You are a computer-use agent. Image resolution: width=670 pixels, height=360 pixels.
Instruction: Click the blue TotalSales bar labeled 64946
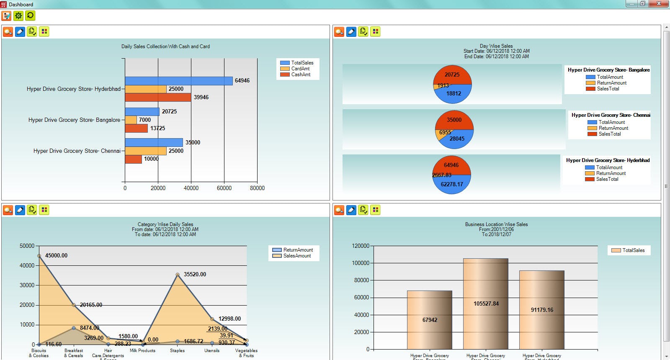click(x=178, y=81)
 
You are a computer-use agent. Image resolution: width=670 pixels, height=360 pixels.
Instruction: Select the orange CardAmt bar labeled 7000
click(x=131, y=120)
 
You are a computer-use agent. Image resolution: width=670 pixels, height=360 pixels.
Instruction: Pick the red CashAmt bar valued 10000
click(x=133, y=159)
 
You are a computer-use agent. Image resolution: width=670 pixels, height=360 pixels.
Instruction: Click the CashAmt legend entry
click(x=300, y=75)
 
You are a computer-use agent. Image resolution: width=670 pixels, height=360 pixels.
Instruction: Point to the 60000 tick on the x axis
click(x=224, y=188)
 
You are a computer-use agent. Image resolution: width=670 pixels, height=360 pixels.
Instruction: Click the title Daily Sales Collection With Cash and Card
click(x=165, y=46)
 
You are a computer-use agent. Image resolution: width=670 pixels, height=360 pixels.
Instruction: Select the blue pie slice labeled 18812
click(x=454, y=95)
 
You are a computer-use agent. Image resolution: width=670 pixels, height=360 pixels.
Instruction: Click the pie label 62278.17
click(x=452, y=185)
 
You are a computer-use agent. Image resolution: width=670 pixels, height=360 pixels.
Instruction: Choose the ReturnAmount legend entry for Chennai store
click(x=613, y=128)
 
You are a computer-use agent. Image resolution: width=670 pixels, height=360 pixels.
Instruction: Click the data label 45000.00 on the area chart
click(x=56, y=255)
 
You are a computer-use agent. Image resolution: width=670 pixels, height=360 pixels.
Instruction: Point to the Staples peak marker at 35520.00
click(x=178, y=275)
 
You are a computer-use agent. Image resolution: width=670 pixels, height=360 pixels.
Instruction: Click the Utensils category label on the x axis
click(x=212, y=351)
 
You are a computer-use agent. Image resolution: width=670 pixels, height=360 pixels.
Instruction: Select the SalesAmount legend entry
click(x=296, y=256)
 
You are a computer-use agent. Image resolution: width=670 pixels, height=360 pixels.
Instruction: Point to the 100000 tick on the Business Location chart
click(x=361, y=263)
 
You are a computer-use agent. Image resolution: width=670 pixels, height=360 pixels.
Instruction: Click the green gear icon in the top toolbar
click(x=18, y=16)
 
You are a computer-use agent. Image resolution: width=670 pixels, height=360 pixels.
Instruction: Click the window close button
click(x=659, y=4)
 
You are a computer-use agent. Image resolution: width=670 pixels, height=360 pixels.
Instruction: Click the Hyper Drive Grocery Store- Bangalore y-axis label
click(x=74, y=120)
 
